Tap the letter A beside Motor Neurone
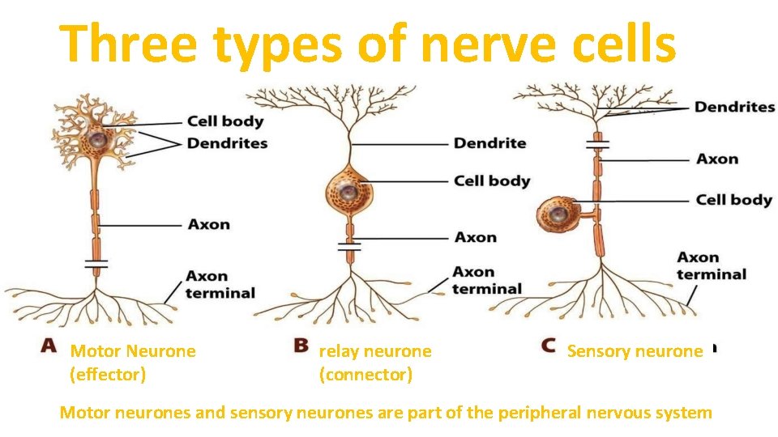point(49,346)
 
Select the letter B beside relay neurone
point(301,346)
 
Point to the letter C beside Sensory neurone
point(549,346)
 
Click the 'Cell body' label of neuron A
point(225,121)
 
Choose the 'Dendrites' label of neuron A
point(227,143)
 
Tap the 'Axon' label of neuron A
point(209,224)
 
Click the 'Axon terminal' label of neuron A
point(220,285)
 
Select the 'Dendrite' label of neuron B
point(489,143)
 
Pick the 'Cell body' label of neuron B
point(492,180)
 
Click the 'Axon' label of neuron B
point(476,237)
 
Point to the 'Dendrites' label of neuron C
point(734,107)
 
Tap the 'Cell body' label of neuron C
point(733,199)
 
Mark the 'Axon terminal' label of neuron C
point(711,265)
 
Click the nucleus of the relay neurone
point(348,193)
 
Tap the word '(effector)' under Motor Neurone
point(109,375)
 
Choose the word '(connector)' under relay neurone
point(365,375)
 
